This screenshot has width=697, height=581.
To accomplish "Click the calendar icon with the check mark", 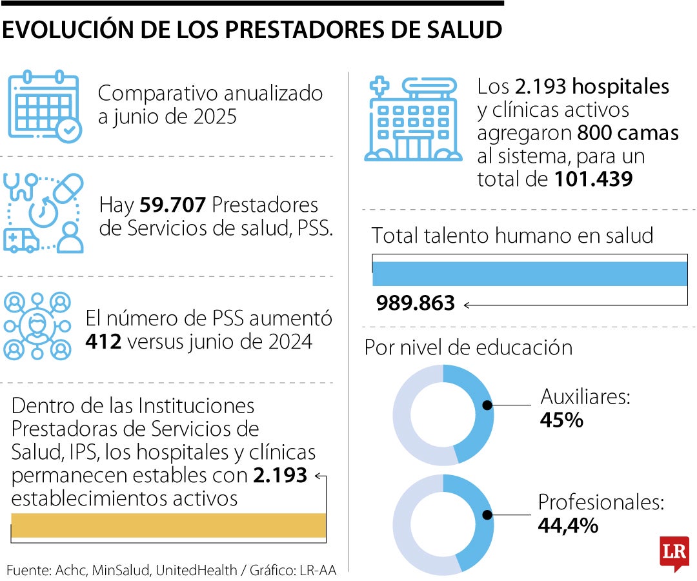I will point(44,105).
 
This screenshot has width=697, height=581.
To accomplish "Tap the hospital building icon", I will point(413,119).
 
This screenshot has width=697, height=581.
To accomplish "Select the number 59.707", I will point(172,205).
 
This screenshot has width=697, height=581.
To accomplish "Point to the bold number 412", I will point(103,341).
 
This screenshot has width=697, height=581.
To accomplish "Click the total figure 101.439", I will point(593,179).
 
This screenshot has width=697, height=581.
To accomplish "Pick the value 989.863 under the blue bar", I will point(416,303).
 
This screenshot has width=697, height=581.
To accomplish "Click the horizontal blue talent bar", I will point(529,274).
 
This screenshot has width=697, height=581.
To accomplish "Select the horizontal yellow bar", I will point(168,525).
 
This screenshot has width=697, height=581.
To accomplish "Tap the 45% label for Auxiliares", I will point(561,420).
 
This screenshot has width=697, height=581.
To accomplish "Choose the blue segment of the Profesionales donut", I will point(476,522).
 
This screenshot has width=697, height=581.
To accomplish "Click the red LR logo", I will point(674,553).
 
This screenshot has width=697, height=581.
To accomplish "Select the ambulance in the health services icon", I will point(21,240).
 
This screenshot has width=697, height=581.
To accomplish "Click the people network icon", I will point(36,326).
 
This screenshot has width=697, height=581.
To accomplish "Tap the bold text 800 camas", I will point(627,133).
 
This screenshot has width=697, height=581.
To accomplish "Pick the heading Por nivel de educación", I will point(469,347).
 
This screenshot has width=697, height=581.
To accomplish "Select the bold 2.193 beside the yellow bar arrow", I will point(280,476).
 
